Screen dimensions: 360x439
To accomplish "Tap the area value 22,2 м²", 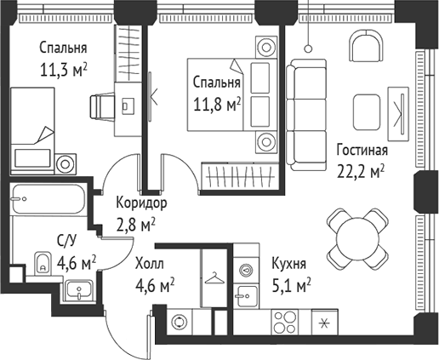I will click(x=362, y=170).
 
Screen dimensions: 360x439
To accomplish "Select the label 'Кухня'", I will click(x=289, y=262).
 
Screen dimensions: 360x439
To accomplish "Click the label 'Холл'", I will click(x=150, y=264).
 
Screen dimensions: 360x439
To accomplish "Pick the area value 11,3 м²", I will click(x=65, y=69).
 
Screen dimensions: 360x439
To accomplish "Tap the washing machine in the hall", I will click(x=180, y=323).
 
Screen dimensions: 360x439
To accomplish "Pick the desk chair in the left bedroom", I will click(x=101, y=106).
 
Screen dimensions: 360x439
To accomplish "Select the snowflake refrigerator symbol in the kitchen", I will click(x=322, y=323).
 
